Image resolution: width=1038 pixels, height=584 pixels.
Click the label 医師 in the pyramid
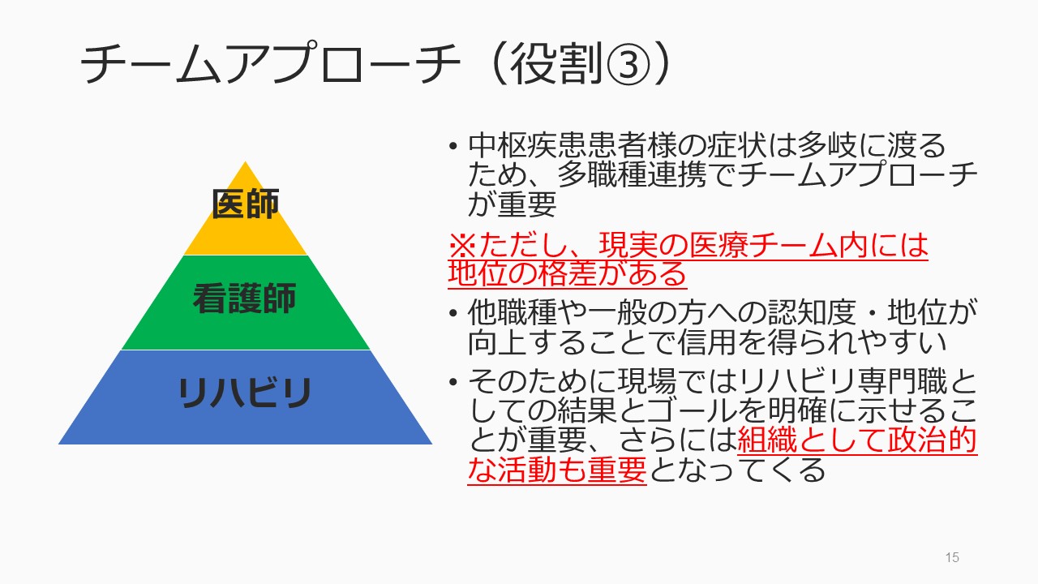coord(246,204)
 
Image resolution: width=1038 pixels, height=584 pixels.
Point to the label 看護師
coord(244,298)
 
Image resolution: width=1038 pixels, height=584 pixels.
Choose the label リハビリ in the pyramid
coord(245,393)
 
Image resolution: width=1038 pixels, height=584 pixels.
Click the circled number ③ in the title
coord(628,64)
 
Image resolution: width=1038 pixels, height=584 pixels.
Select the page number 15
coord(952,557)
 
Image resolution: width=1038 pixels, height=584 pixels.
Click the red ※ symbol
coord(463,245)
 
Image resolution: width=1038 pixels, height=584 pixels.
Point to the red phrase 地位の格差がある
coord(567,273)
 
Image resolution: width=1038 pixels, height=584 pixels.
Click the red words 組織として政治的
coord(857,440)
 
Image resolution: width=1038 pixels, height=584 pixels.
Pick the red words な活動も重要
coord(557,470)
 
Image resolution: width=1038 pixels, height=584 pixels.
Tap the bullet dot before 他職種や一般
coord(453,313)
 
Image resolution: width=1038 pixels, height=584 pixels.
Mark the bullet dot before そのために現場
coord(453,382)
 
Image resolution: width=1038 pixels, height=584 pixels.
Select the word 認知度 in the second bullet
coord(812,312)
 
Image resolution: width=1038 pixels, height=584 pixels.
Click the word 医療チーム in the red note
coord(764,245)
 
